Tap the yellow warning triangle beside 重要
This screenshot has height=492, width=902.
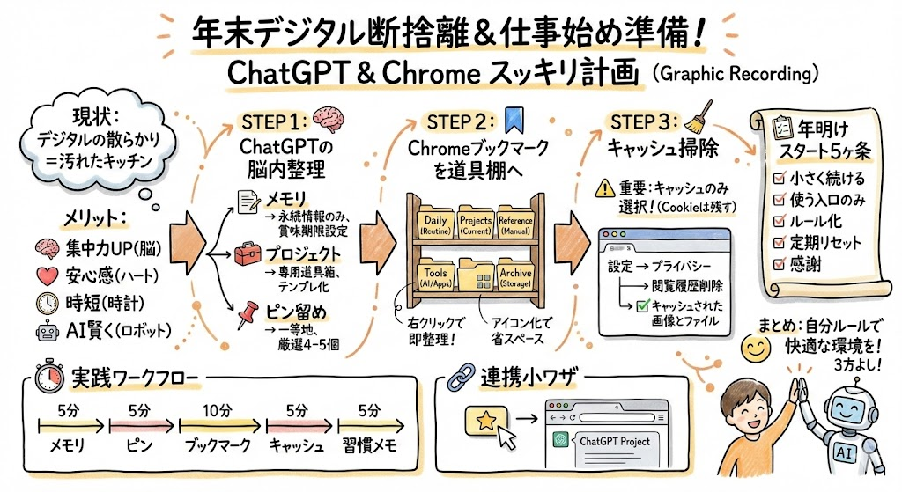click(x=604, y=187)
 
